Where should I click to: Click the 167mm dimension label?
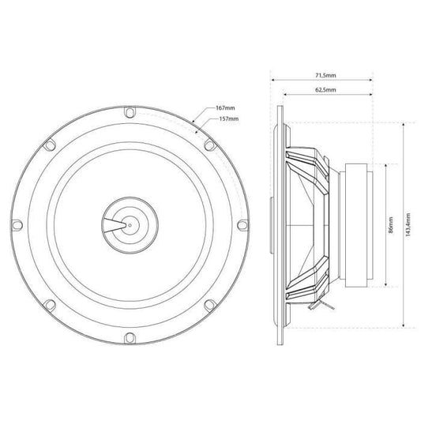225,108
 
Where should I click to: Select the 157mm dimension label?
229,118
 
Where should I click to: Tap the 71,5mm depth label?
325,75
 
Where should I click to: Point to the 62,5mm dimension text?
325,90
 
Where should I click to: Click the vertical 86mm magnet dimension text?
391,225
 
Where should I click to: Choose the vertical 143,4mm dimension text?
408,225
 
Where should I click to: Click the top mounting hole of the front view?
130,112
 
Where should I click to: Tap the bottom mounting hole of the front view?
130,338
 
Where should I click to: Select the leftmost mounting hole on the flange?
17,225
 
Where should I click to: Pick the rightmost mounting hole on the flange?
242,225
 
